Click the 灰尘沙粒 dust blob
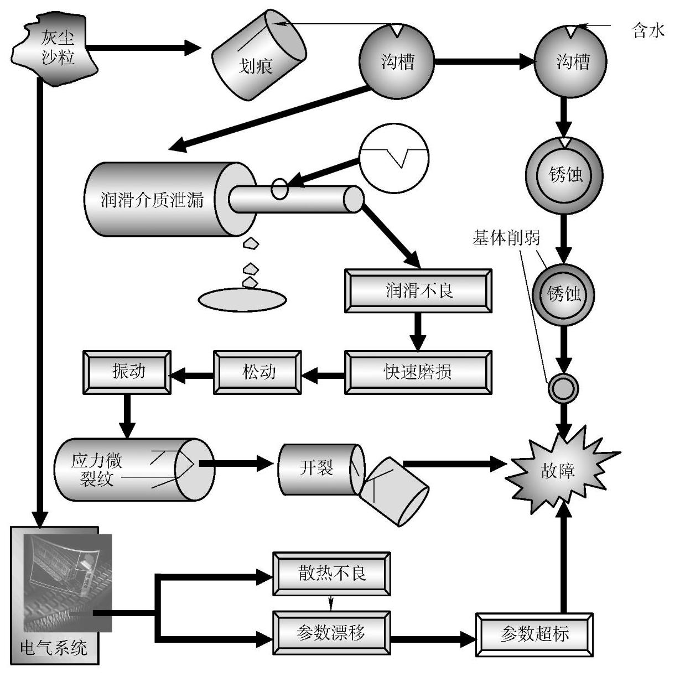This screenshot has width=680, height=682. [x=54, y=49]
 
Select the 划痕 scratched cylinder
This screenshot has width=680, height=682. [x=259, y=55]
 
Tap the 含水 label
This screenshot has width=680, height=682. [x=647, y=30]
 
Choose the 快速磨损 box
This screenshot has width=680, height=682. [x=418, y=372]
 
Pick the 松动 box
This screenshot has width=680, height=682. [x=258, y=372]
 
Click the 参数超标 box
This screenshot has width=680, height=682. [x=534, y=634]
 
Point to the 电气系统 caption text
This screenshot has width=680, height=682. [x=54, y=648]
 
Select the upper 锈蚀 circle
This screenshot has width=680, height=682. [x=564, y=175]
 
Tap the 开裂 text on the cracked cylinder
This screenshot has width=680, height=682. [x=316, y=468]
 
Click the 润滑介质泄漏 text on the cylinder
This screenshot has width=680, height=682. [x=152, y=199]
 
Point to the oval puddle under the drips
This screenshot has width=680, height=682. [x=242, y=299]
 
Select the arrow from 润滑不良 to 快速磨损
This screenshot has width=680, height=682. [x=418, y=332]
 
